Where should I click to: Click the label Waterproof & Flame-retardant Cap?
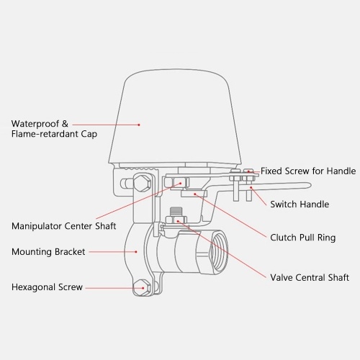pos(54,129)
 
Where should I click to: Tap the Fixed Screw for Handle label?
pos(308,171)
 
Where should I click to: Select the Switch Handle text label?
pos(300,204)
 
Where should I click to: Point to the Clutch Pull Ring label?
pos(303,238)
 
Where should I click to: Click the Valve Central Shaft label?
pos(310,277)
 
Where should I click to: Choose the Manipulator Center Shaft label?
pos(64,226)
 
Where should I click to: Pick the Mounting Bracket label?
pos(48,252)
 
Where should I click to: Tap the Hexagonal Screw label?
pos(47,287)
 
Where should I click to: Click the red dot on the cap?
pos(139,125)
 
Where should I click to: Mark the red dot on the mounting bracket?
pos(136,252)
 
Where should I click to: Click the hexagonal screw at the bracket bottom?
pos(142,288)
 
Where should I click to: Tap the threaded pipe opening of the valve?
pos(219,251)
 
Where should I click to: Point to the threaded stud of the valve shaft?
pos(176,212)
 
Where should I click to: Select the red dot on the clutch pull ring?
pos(195,194)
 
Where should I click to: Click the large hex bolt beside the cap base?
pos(143,184)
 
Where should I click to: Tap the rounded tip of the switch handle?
pos(310,186)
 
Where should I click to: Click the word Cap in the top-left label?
pos(89,134)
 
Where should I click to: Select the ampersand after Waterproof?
pos(65,124)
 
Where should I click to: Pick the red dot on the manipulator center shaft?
pos(181,184)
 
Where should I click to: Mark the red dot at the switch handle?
pos(251,187)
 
